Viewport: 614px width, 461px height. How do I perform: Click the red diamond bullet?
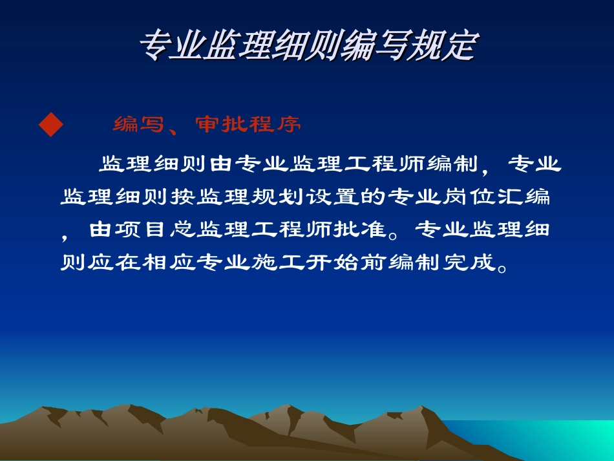click(x=51, y=124)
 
